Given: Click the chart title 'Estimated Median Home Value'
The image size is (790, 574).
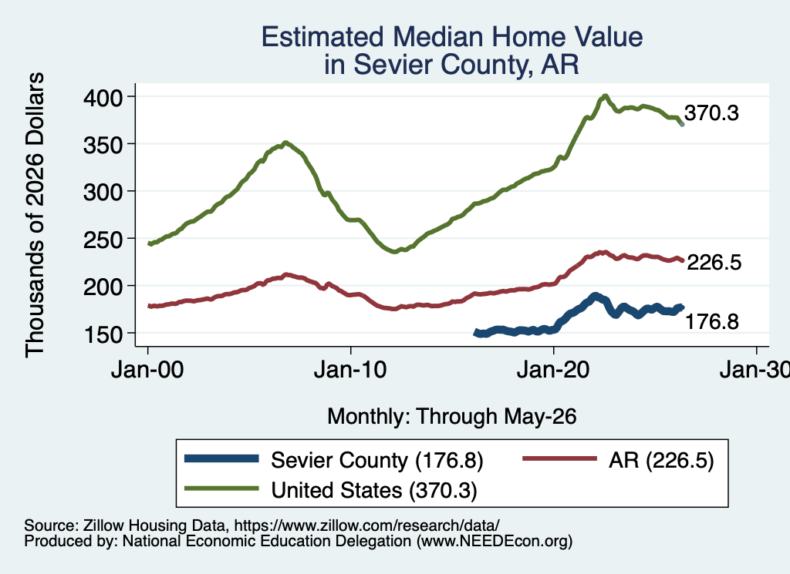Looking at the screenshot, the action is coord(452,37).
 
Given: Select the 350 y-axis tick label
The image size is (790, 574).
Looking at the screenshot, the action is coord(103,144).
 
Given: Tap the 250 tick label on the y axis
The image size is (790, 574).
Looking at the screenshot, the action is coord(103,239).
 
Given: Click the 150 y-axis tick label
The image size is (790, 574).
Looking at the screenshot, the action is coord(103,334).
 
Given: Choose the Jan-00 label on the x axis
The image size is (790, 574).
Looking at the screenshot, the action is coord(147,370).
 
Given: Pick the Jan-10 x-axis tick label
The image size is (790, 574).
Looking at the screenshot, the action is coord(351,370).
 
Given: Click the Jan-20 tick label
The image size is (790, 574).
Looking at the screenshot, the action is coord(554,370).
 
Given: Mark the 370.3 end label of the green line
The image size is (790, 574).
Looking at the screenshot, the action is coord(711,113).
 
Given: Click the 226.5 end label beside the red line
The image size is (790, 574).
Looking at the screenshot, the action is coord(714,262).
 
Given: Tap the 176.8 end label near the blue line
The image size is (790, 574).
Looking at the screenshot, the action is coord(712,321).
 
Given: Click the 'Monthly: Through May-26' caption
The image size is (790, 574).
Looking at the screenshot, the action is coord(452,417).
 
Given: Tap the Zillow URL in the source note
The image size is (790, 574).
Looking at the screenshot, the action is coord(366,525).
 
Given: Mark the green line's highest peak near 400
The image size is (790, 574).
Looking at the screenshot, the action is coord(605,96).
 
